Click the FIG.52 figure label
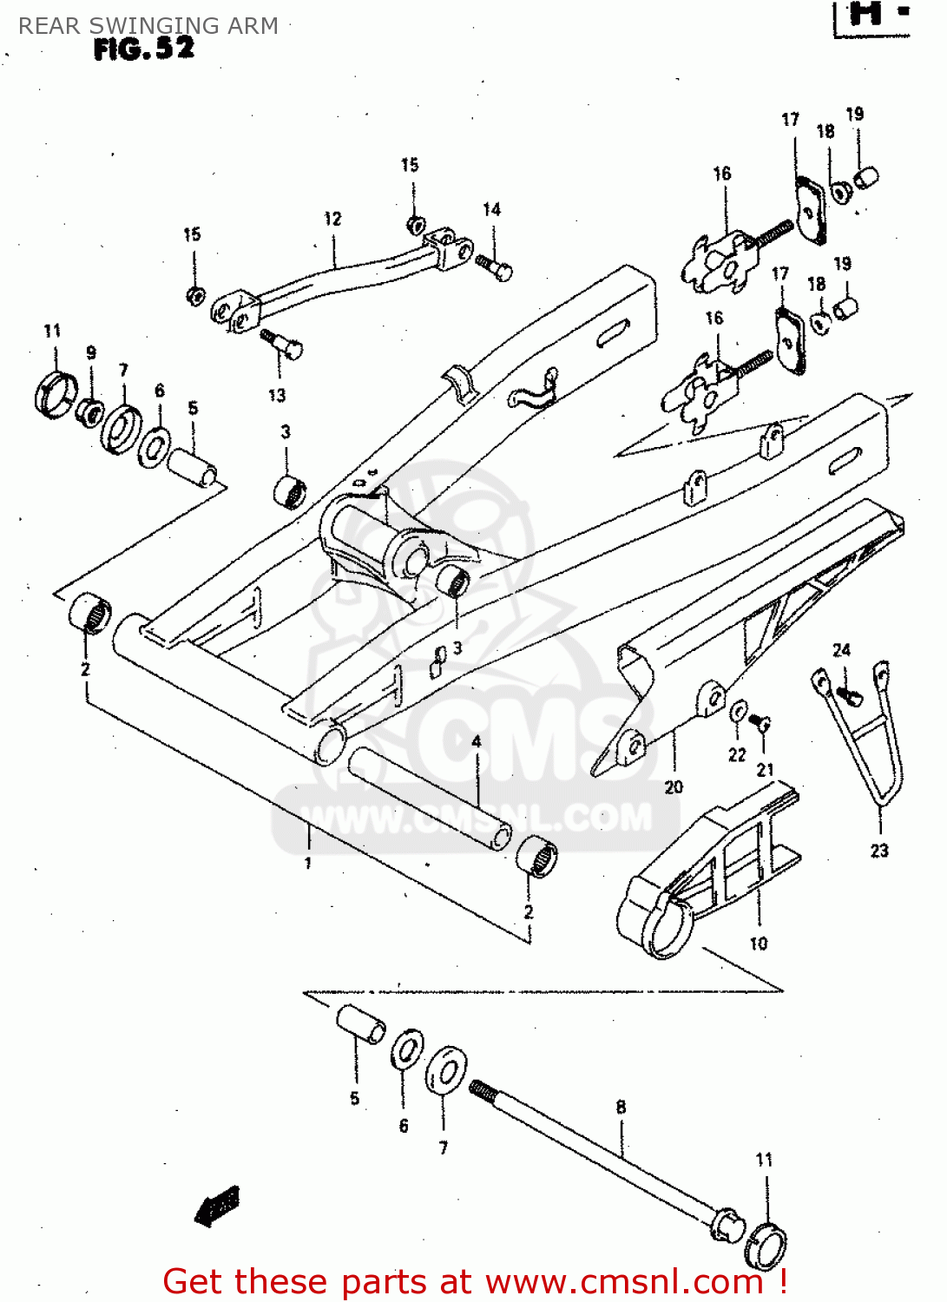pyautogui.click(x=144, y=49)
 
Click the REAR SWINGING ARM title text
pyautogui.click(x=148, y=26)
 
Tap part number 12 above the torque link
pyautogui.click(x=332, y=219)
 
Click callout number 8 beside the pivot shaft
pyautogui.click(x=621, y=1107)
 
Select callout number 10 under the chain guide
pyautogui.click(x=758, y=944)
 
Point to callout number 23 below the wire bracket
pyautogui.click(x=879, y=851)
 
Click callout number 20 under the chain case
pyautogui.click(x=674, y=787)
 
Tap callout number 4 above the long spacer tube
pyautogui.click(x=476, y=742)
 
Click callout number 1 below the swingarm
pyautogui.click(x=307, y=863)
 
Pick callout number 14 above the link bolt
pyautogui.click(x=491, y=209)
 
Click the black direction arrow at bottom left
pyautogui.click(x=217, y=1207)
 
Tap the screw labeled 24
pyautogui.click(x=850, y=694)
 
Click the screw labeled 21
pyautogui.click(x=760, y=721)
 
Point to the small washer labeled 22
pyautogui.click(x=738, y=711)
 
